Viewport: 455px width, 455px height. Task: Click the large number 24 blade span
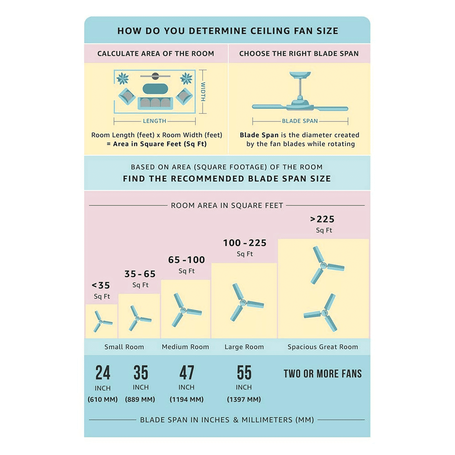tap(103, 373)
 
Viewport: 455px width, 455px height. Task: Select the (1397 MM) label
tap(244, 399)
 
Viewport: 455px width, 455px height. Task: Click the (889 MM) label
tap(140, 399)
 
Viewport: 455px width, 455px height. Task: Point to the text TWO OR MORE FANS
tap(323, 373)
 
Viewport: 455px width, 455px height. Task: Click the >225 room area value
tap(322, 219)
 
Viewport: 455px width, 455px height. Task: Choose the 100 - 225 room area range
tap(245, 243)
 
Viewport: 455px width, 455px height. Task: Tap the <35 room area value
tap(101, 285)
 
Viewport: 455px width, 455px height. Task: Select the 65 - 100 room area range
tap(187, 260)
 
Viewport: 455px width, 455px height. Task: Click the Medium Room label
tap(185, 347)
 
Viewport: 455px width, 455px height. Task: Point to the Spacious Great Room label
tap(323, 347)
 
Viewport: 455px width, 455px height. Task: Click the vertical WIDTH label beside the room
tap(203, 92)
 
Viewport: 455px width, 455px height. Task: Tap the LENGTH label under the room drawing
tap(154, 121)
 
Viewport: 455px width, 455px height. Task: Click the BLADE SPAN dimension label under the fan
tap(300, 121)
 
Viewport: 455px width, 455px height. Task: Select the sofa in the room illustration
tap(155, 103)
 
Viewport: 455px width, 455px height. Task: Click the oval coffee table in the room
tap(155, 89)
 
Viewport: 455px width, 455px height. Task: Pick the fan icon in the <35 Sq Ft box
tap(102, 322)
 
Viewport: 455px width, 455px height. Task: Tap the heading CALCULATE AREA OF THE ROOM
tap(156, 53)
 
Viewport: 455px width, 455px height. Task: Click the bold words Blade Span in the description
tap(259, 135)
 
